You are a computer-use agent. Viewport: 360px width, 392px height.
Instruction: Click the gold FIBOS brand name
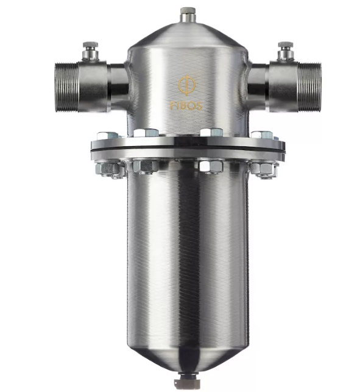click(186, 105)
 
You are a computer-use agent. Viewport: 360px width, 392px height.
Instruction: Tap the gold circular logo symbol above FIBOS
click(187, 85)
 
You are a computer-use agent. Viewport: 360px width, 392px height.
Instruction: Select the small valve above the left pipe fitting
click(90, 51)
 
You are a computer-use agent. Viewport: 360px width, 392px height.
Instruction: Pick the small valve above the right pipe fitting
click(285, 51)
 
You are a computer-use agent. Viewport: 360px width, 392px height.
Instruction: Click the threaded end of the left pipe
click(67, 87)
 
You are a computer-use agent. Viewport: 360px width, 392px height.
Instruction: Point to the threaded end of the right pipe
click(309, 87)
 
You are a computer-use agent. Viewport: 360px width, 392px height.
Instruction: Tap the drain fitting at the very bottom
click(186, 380)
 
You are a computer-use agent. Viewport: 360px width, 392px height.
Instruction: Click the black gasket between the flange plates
click(188, 149)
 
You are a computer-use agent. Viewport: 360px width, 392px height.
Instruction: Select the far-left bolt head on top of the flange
click(108, 136)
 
